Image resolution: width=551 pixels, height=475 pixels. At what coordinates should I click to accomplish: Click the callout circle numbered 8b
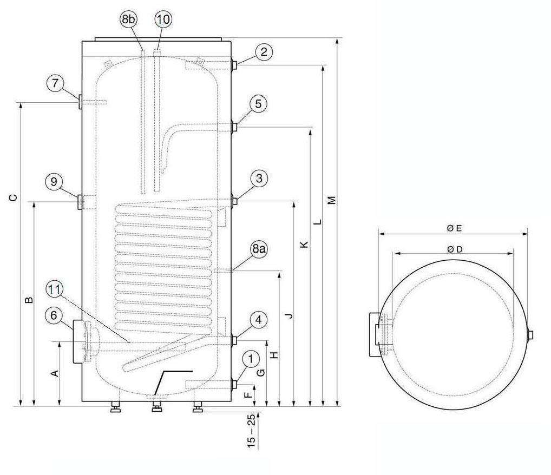pyautogui.click(x=128, y=19)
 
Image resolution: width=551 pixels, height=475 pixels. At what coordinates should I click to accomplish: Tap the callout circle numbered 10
pyautogui.click(x=163, y=19)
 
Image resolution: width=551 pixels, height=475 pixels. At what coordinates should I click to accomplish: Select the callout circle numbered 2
pyautogui.click(x=264, y=52)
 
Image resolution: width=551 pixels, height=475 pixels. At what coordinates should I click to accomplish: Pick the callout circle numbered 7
pyautogui.click(x=55, y=84)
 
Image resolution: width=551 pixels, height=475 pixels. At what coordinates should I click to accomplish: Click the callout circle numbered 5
pyautogui.click(x=258, y=104)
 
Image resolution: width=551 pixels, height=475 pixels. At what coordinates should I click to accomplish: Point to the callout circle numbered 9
pyautogui.click(x=54, y=182)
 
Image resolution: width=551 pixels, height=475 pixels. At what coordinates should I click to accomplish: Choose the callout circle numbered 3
pyautogui.click(x=259, y=179)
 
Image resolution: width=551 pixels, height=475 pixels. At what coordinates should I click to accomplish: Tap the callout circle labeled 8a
pyautogui.click(x=258, y=249)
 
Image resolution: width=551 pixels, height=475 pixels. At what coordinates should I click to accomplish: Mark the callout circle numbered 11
pyautogui.click(x=55, y=289)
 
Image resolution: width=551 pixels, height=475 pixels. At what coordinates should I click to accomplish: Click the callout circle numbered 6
pyautogui.click(x=54, y=315)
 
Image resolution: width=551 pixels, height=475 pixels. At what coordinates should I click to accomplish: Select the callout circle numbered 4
pyautogui.click(x=258, y=320)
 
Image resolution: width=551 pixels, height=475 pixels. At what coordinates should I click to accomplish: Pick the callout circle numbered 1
pyautogui.click(x=251, y=359)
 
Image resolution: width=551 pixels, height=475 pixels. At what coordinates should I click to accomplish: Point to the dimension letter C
pyautogui.click(x=13, y=197)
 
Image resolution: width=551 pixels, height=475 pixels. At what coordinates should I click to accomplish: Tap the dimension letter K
pyautogui.click(x=304, y=245)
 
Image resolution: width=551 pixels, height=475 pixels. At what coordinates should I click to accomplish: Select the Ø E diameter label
pyautogui.click(x=454, y=228)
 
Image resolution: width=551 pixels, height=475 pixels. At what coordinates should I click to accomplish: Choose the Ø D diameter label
pyautogui.click(x=455, y=249)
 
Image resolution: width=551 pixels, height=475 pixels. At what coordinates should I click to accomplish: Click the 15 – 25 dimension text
pyautogui.click(x=251, y=431)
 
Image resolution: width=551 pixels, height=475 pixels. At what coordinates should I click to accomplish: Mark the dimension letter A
pyautogui.click(x=55, y=373)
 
